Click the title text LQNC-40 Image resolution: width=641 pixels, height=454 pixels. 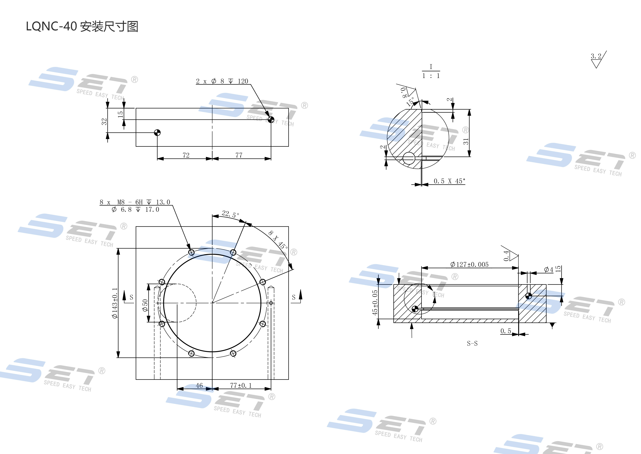click(51, 27)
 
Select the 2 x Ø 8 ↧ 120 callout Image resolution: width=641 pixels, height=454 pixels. click(222, 81)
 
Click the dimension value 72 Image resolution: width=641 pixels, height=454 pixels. click(186, 155)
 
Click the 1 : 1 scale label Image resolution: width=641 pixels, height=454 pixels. click(431, 76)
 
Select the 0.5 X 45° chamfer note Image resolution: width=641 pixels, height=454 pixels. click(449, 181)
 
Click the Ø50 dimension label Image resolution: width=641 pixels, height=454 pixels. click(145, 305)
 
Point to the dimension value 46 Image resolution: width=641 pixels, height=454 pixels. click(199, 386)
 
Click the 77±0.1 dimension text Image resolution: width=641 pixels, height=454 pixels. click(241, 386)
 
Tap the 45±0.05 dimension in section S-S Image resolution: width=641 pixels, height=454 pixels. click(375, 302)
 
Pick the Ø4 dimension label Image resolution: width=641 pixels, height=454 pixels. click(548, 270)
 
